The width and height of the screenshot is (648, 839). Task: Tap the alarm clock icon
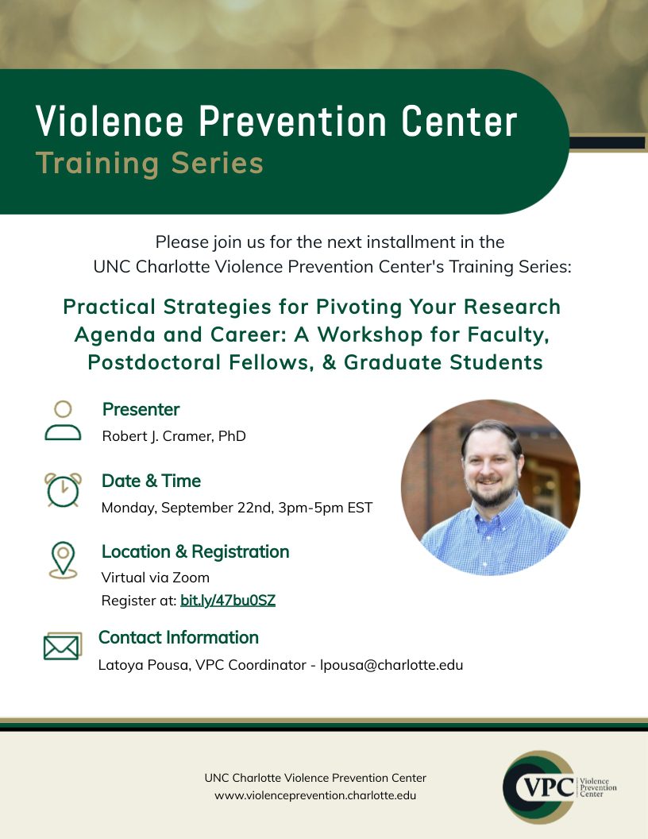(63, 489)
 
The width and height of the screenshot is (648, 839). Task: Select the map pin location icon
(63, 559)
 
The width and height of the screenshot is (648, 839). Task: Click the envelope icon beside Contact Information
(63, 647)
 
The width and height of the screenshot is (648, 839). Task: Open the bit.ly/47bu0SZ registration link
(228, 601)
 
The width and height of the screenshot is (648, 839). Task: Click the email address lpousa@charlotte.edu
(391, 665)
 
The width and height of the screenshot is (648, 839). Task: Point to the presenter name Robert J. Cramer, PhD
(174, 436)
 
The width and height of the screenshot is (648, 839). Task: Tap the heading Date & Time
(152, 481)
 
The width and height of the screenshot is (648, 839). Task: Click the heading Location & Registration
(195, 551)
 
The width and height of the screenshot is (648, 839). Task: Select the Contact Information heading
(179, 637)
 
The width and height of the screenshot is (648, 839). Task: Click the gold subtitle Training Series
(150, 163)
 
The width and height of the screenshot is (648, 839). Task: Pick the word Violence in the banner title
(110, 121)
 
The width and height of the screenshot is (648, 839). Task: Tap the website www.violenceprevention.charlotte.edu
(315, 795)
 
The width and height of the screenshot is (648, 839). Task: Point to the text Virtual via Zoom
(155, 578)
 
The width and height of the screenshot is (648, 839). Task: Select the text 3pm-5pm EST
(325, 507)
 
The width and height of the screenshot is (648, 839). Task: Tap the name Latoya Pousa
(145, 665)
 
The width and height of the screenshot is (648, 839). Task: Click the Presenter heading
(141, 409)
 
